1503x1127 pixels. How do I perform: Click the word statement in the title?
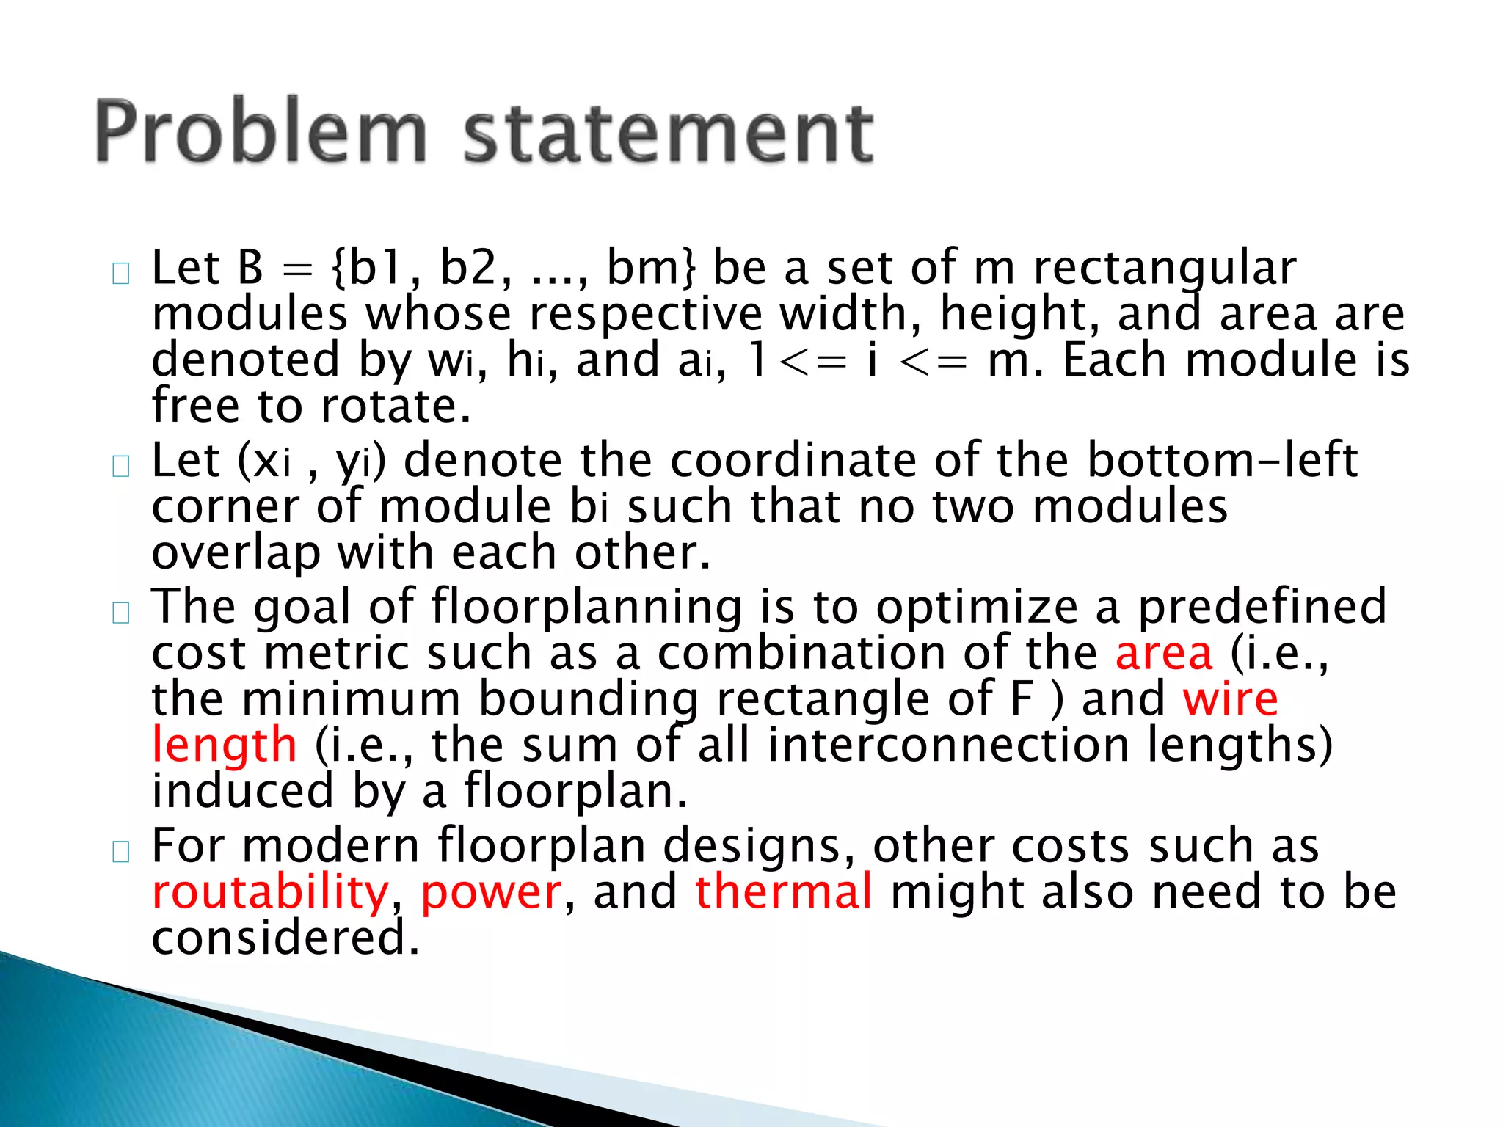pos(668,134)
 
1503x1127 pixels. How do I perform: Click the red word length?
pos(225,745)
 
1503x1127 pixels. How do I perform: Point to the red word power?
pos(491,892)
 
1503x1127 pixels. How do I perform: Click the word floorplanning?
pos(587,608)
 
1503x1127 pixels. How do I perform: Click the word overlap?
pos(236,553)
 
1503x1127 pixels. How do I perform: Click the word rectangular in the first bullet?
pos(1165,269)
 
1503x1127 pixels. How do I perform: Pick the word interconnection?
pos(949,745)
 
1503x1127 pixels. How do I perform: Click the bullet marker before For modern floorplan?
pos(121,852)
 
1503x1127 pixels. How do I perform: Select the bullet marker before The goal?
pos(121,613)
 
